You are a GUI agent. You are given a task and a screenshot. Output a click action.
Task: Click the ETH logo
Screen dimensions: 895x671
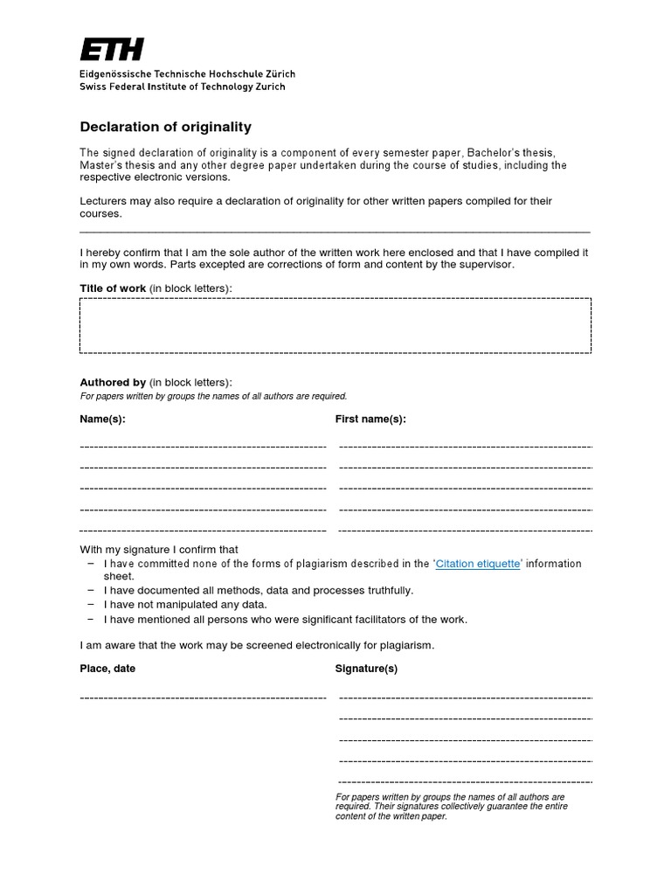[x=112, y=50]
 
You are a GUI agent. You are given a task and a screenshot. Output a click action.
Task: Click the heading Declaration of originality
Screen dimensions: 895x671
[x=166, y=127]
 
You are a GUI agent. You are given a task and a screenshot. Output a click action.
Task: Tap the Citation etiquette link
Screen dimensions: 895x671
[x=479, y=564]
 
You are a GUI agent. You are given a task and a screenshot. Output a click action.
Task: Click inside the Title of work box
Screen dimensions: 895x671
[x=335, y=325]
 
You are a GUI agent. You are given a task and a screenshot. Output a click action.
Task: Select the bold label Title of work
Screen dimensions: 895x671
[x=113, y=288]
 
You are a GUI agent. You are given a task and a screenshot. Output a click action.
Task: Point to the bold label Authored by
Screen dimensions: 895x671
[x=113, y=382]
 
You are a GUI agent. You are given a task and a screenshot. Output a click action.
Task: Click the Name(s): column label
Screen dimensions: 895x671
[x=103, y=420]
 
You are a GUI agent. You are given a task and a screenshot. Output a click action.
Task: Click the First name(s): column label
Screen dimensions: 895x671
[x=370, y=420]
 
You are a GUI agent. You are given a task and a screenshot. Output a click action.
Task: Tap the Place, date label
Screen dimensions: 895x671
[x=107, y=669]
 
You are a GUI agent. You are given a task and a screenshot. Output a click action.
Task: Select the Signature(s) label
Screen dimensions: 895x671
[x=366, y=669]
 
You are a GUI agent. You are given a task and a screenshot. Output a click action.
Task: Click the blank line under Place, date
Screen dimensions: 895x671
[x=203, y=697]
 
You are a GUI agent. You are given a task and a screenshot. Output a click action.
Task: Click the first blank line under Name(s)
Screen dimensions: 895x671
[x=203, y=446]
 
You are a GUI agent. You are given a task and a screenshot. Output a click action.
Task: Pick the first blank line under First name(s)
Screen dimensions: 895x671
[x=465, y=446]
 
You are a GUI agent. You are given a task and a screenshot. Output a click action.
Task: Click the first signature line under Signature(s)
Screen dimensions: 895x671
[x=465, y=697]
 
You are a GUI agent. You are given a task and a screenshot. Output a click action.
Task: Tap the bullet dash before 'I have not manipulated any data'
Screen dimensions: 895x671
[x=91, y=605]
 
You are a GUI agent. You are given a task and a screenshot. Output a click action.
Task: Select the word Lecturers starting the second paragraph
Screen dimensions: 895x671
[x=105, y=201]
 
